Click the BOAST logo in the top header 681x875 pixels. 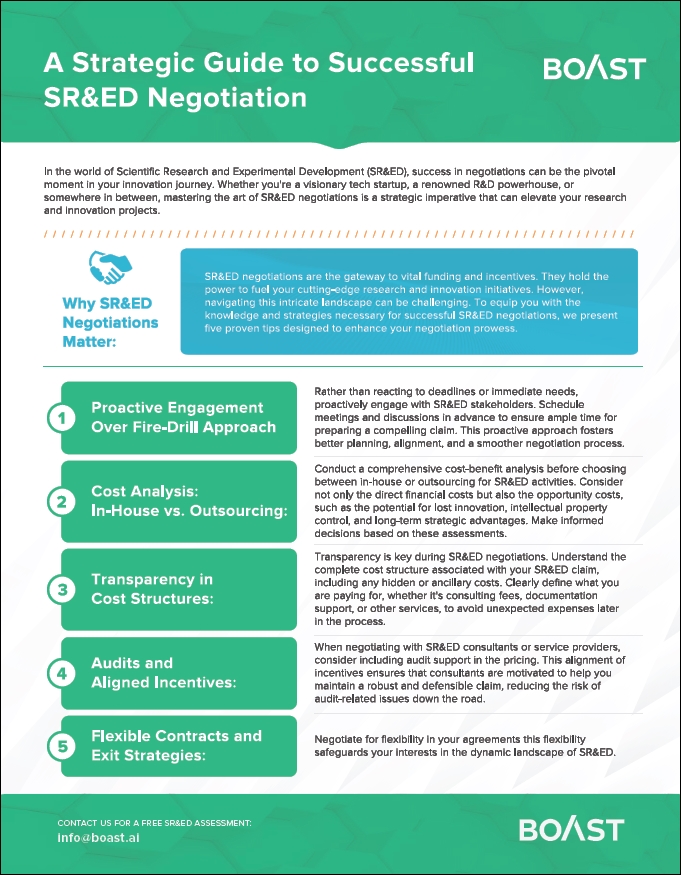pyautogui.click(x=594, y=68)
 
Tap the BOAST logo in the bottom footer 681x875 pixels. pyautogui.click(x=571, y=829)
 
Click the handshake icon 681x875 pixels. pyautogui.click(x=109, y=268)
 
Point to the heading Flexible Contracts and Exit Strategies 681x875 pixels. pyautogui.click(x=176, y=745)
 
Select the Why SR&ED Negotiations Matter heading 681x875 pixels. pyautogui.click(x=110, y=323)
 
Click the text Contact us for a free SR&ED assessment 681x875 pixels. pyautogui.click(x=155, y=822)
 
